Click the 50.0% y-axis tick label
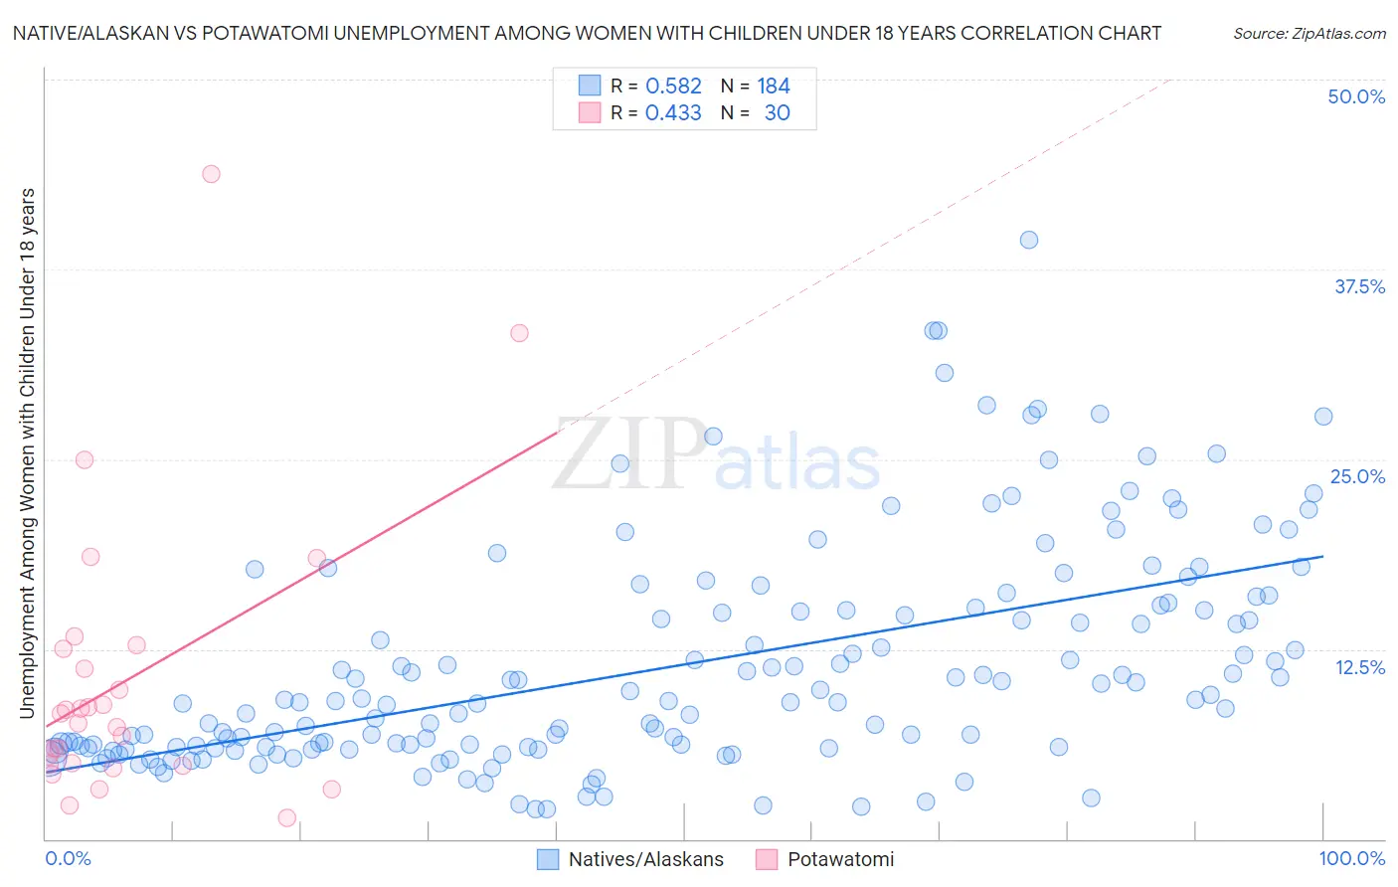click(x=1356, y=96)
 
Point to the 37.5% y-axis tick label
click(x=1359, y=286)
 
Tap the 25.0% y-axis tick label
click(x=1357, y=476)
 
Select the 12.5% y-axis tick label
click(x=1359, y=667)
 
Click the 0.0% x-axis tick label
click(x=68, y=858)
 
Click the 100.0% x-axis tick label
click(x=1351, y=858)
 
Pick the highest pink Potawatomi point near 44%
click(x=211, y=174)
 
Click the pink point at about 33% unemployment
click(x=519, y=333)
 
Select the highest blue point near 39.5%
click(x=1029, y=240)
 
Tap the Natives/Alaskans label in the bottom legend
click(x=645, y=859)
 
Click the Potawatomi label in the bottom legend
click(x=840, y=859)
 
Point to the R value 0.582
click(x=673, y=87)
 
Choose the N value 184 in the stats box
click(x=773, y=87)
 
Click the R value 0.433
click(x=673, y=113)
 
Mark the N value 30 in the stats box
click(x=777, y=113)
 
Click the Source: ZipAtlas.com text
click(x=1309, y=34)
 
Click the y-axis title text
click(x=27, y=452)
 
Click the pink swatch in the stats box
click(x=590, y=112)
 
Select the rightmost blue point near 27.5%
click(x=1323, y=417)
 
